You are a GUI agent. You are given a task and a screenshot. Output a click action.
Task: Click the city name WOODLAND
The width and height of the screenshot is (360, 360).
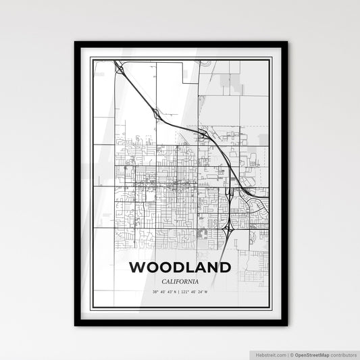180,267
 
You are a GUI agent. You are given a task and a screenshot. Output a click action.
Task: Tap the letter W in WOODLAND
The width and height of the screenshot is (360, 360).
136,267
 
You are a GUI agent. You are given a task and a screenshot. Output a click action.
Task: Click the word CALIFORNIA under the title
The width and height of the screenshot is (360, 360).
180,282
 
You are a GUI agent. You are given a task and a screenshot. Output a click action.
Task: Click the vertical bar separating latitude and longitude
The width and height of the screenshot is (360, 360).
179,292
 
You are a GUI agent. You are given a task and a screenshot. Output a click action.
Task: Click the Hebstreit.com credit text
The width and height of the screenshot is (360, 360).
270,354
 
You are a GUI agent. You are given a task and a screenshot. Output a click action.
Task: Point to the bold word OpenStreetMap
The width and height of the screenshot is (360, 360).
315,354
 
